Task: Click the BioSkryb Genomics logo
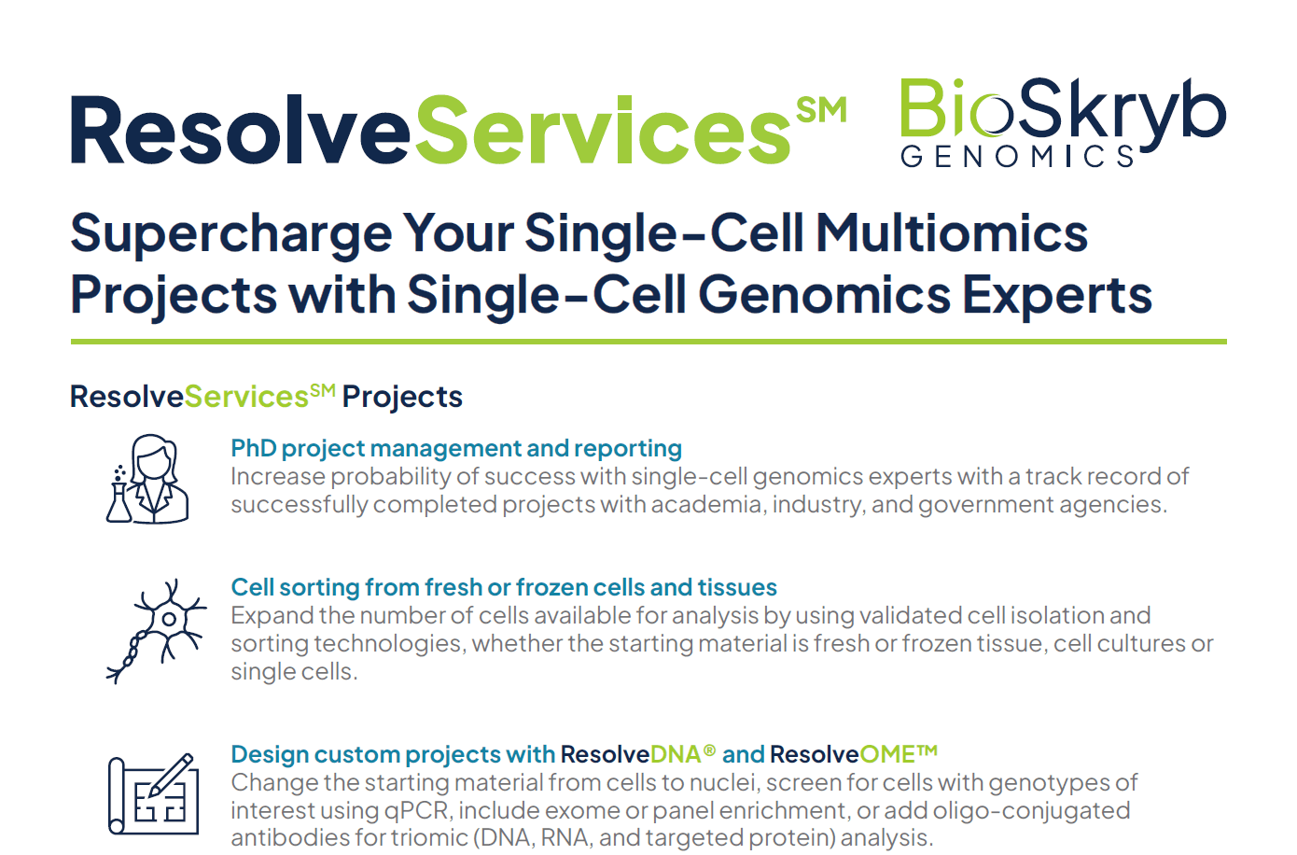[1063, 123]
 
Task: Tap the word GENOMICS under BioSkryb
[1017, 156]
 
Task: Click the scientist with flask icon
[147, 479]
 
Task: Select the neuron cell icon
[157, 631]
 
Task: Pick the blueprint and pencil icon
[153, 793]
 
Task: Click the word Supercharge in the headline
[231, 235]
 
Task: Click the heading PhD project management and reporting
[456, 449]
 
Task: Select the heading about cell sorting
[504, 587]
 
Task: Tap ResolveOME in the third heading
[854, 754]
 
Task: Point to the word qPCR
[416, 811]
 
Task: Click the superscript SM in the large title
[822, 109]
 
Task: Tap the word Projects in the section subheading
[402, 398]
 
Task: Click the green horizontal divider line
[648, 342]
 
